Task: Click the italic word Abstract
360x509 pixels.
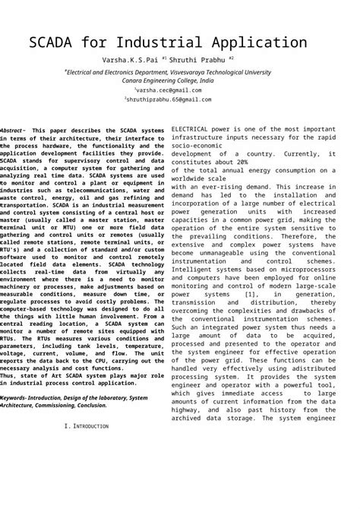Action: pos(13,131)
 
